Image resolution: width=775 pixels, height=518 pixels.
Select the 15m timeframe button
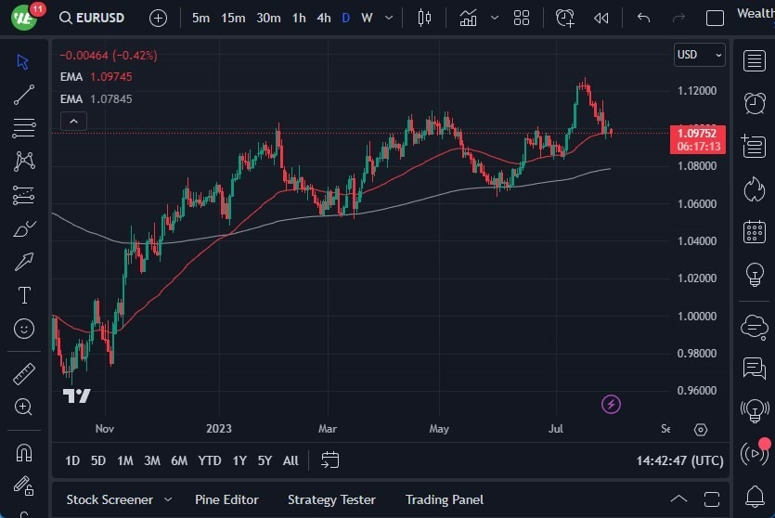pyautogui.click(x=233, y=18)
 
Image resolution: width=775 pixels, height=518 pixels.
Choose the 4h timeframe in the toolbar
pyautogui.click(x=323, y=18)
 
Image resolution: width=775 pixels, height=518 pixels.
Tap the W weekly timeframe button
pyautogui.click(x=367, y=18)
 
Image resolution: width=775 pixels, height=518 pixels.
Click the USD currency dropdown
pyautogui.click(x=699, y=55)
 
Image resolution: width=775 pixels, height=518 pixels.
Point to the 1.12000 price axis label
pyautogui.click(x=696, y=91)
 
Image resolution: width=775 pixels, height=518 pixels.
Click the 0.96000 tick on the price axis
pyautogui.click(x=696, y=391)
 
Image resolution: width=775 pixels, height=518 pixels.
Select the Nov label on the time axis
pyautogui.click(x=104, y=429)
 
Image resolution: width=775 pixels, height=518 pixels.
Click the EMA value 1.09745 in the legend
pyautogui.click(x=111, y=77)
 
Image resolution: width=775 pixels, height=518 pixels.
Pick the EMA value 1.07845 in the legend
pyautogui.click(x=111, y=99)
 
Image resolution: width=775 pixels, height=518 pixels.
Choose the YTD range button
pyautogui.click(x=210, y=460)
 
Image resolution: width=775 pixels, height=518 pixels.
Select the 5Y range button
pyautogui.click(x=265, y=460)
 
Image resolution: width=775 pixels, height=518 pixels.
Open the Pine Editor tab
pyautogui.click(x=226, y=499)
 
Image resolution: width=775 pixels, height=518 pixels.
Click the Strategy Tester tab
pyautogui.click(x=331, y=499)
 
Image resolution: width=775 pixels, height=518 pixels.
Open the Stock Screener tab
pyautogui.click(x=110, y=499)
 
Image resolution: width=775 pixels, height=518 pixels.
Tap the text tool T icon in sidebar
pyautogui.click(x=24, y=295)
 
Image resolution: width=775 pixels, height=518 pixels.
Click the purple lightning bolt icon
pyautogui.click(x=611, y=404)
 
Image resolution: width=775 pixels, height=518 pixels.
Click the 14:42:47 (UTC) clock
pyautogui.click(x=680, y=460)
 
